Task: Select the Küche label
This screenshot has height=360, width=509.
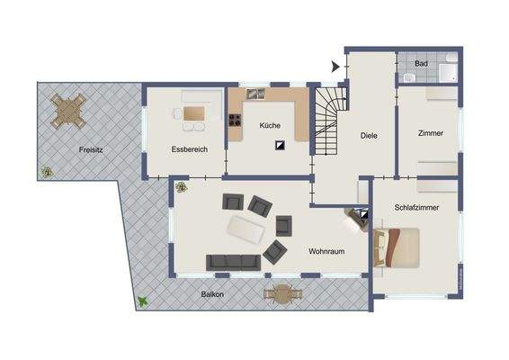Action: point(270,126)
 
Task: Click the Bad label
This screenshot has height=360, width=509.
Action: point(421,65)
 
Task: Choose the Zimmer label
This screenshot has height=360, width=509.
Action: point(430,133)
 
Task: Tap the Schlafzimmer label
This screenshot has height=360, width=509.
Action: point(415,208)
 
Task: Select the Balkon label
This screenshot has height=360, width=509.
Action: point(212,295)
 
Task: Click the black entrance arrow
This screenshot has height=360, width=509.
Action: point(335,66)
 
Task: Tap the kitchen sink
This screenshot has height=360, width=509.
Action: point(254,93)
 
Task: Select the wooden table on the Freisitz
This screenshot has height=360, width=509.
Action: point(68,112)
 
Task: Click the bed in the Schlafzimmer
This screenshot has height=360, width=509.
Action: point(402,247)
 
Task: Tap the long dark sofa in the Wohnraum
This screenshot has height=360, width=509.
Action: point(233,262)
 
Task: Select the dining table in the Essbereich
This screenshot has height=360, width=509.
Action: point(193,113)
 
